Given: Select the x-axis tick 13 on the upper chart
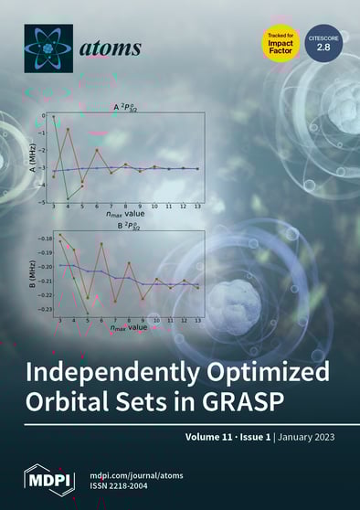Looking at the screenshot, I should [x=197, y=208].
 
